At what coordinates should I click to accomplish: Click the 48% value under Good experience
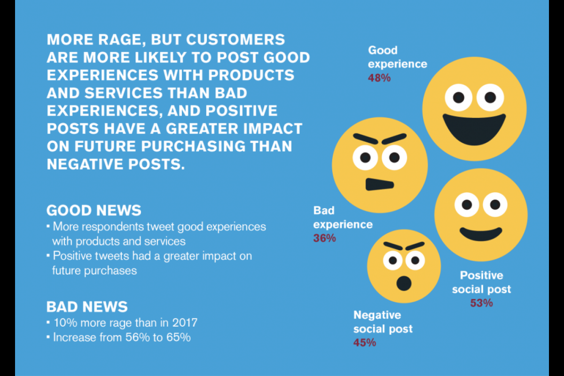click(x=379, y=78)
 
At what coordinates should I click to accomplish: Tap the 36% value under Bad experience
click(x=324, y=238)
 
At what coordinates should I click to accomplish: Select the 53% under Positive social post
click(x=481, y=303)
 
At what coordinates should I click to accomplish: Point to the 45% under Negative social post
click(x=365, y=343)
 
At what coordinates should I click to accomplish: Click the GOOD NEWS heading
click(x=94, y=210)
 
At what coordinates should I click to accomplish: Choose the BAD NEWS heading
click(x=87, y=307)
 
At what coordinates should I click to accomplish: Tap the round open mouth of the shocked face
click(x=404, y=283)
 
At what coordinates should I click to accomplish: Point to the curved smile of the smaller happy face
click(x=481, y=234)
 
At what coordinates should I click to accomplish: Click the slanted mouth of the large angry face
click(x=380, y=185)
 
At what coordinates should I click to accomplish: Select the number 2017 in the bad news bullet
click(x=185, y=322)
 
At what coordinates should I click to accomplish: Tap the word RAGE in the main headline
click(x=122, y=40)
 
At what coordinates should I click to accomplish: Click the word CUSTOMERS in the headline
click(x=235, y=39)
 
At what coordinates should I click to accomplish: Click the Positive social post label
click(x=481, y=282)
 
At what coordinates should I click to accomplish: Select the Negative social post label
click(x=383, y=322)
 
